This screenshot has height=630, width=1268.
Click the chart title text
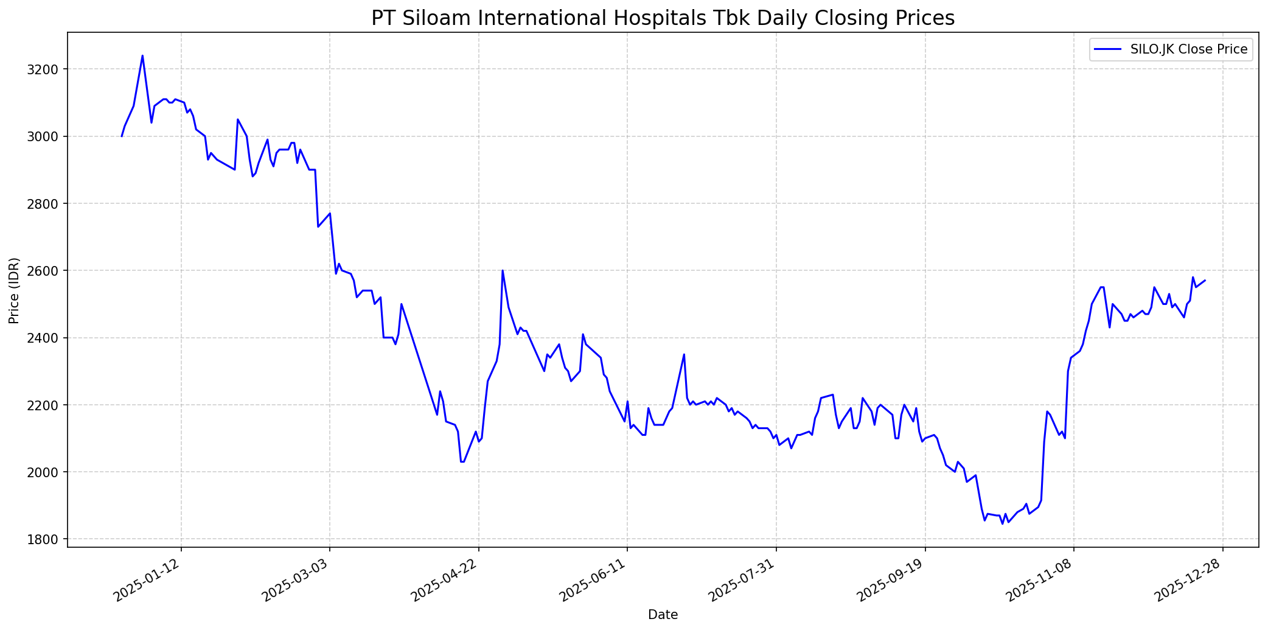point(663,18)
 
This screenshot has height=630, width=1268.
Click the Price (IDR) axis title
point(14,290)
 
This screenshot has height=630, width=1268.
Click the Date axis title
point(663,615)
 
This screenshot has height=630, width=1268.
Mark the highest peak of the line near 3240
point(142,56)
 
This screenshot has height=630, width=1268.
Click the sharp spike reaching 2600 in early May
point(503,271)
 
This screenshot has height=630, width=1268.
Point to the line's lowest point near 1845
point(1002,523)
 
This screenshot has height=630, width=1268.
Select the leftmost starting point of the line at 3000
point(122,136)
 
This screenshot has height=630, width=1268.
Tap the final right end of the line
point(1205,281)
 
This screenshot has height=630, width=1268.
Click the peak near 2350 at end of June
point(684,354)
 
